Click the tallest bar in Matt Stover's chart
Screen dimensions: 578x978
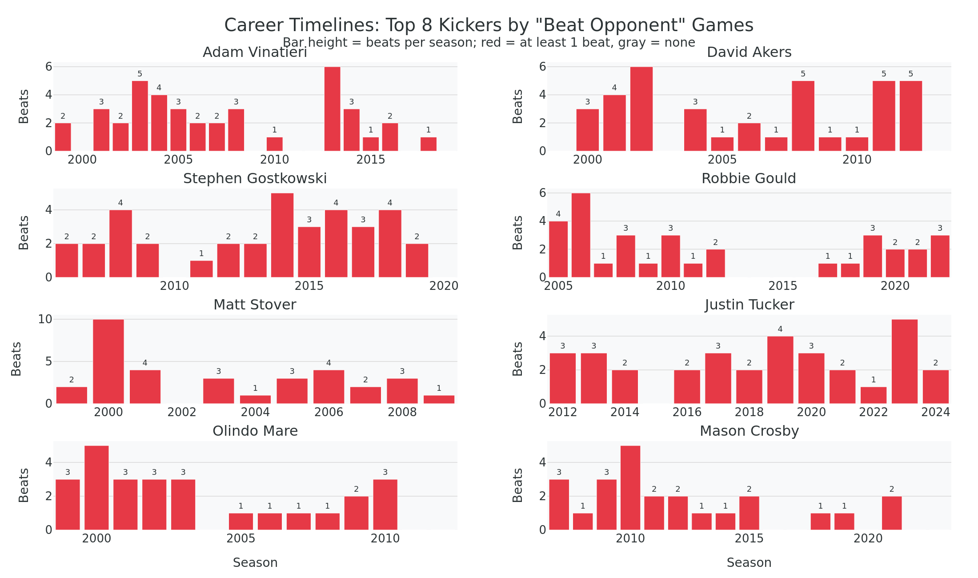108,361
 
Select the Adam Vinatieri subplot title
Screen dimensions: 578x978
255,52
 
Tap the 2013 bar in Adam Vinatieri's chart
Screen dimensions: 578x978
332,109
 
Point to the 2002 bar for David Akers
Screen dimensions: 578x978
641,109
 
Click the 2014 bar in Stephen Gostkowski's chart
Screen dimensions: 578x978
282,235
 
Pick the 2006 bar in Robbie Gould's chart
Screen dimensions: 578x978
581,235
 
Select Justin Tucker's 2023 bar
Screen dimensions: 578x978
904,361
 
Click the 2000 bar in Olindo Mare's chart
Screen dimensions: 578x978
96,488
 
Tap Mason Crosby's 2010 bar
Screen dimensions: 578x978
630,488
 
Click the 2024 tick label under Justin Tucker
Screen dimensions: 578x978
935,412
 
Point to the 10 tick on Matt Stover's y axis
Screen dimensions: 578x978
45,319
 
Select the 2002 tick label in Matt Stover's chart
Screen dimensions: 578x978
182,412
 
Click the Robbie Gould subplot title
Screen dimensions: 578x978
749,179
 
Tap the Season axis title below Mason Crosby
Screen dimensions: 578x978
749,563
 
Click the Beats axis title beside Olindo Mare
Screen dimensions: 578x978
24,485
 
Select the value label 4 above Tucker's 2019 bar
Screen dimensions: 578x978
780,329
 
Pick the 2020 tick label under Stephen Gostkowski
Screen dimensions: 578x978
444,286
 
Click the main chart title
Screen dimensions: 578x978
489,25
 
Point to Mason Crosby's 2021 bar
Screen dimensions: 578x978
892,513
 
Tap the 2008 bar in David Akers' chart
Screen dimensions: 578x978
803,116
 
